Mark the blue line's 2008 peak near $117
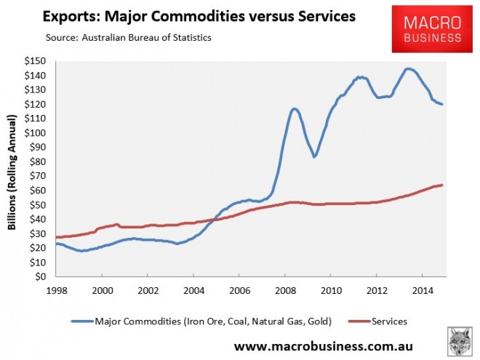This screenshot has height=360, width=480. pos(295,108)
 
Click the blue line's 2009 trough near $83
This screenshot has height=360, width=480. pos(314,157)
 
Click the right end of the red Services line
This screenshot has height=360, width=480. pos(443,185)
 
